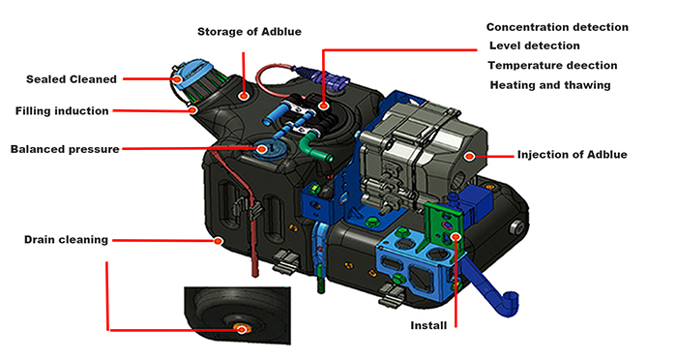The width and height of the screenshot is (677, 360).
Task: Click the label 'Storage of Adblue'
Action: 250,32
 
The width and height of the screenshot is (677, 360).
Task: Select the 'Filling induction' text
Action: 62,111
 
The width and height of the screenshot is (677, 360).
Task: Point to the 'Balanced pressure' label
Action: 65,149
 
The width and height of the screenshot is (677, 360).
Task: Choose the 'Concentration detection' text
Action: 557,27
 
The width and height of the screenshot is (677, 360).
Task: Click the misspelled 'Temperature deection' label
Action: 553,65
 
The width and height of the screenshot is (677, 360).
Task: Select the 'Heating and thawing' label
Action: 549,85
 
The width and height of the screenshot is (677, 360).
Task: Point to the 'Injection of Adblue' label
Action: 573,154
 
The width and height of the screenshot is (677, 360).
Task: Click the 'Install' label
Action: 428,325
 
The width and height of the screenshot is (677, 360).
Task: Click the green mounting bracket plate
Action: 439,223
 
